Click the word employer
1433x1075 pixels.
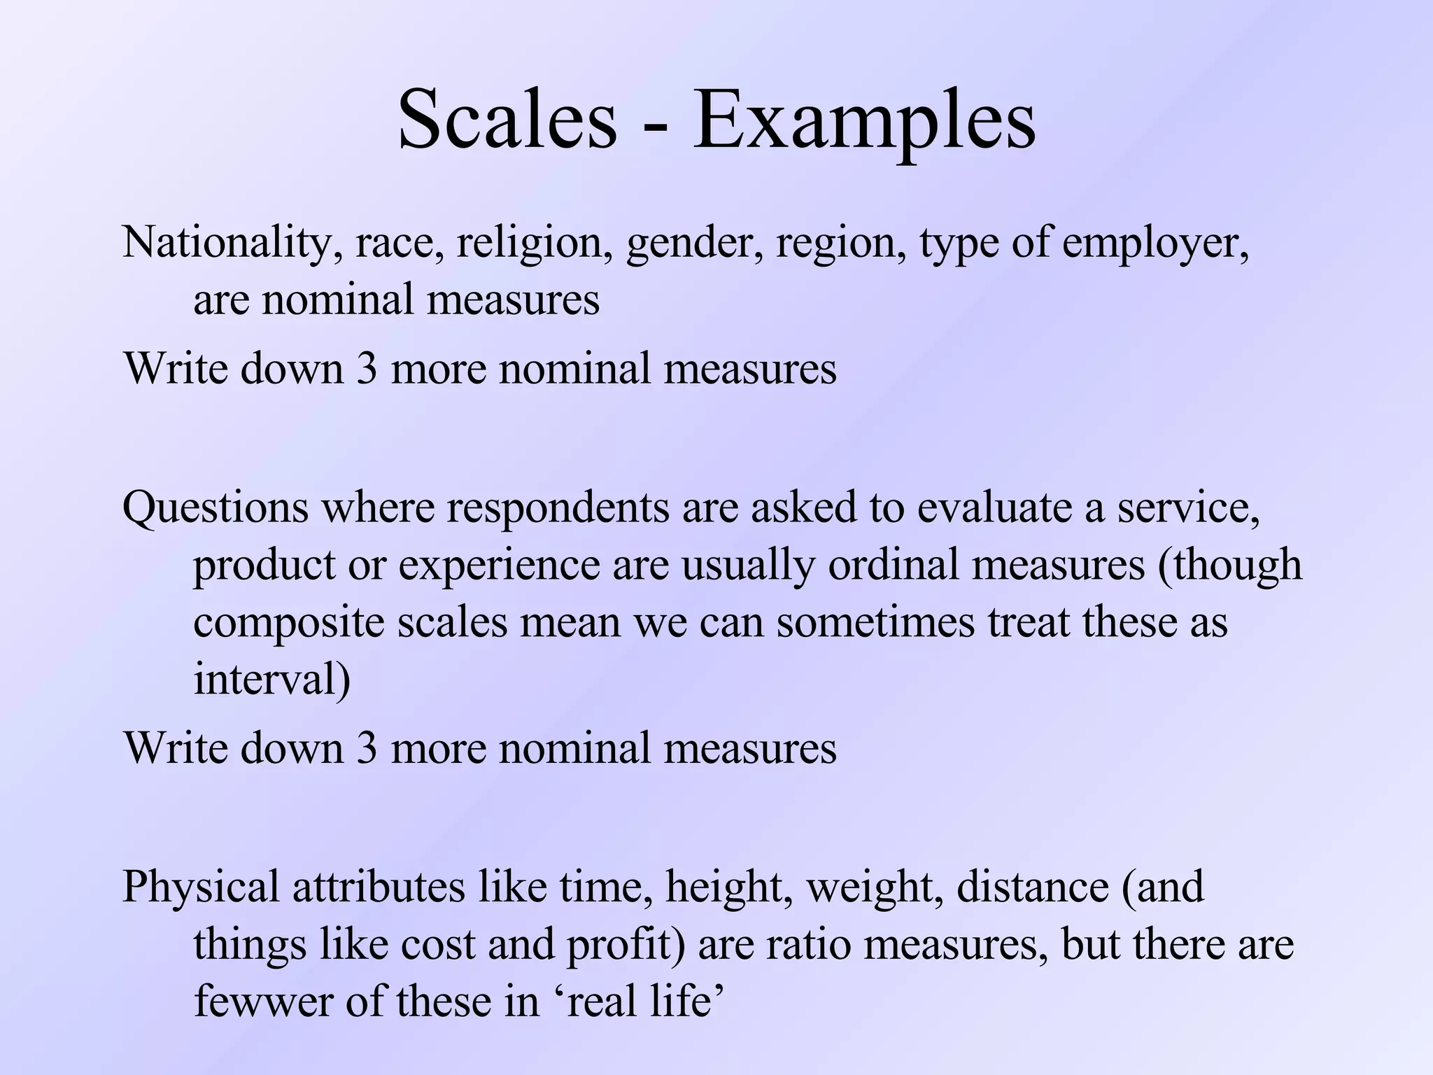click(1155, 244)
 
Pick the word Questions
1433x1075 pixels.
click(216, 508)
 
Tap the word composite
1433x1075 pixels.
click(289, 623)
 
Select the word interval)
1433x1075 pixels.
click(271, 679)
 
